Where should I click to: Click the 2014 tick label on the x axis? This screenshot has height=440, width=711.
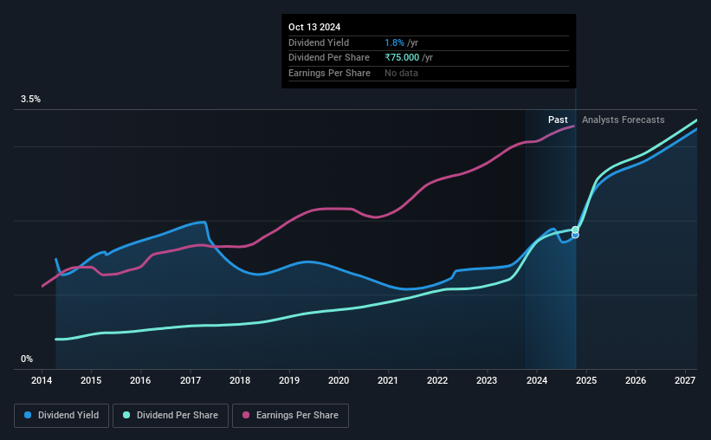click(42, 381)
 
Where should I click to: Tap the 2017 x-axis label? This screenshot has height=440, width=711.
click(191, 381)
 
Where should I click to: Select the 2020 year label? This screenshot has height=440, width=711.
click(339, 381)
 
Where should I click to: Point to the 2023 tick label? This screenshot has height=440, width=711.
click(487, 381)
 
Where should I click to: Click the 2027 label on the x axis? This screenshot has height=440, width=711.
click(684, 381)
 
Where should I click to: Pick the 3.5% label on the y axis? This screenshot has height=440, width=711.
click(31, 100)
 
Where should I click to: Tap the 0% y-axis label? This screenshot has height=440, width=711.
click(27, 359)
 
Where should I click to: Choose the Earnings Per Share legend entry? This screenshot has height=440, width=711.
click(290, 416)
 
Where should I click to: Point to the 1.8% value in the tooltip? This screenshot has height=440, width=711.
click(394, 42)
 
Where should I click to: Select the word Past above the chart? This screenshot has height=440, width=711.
click(558, 120)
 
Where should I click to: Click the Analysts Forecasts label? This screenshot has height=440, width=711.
click(624, 120)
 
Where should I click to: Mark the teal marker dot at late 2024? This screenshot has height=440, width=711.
click(575, 230)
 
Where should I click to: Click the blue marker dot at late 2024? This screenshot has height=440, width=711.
click(575, 236)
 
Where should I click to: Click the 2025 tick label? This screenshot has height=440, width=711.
click(585, 381)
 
